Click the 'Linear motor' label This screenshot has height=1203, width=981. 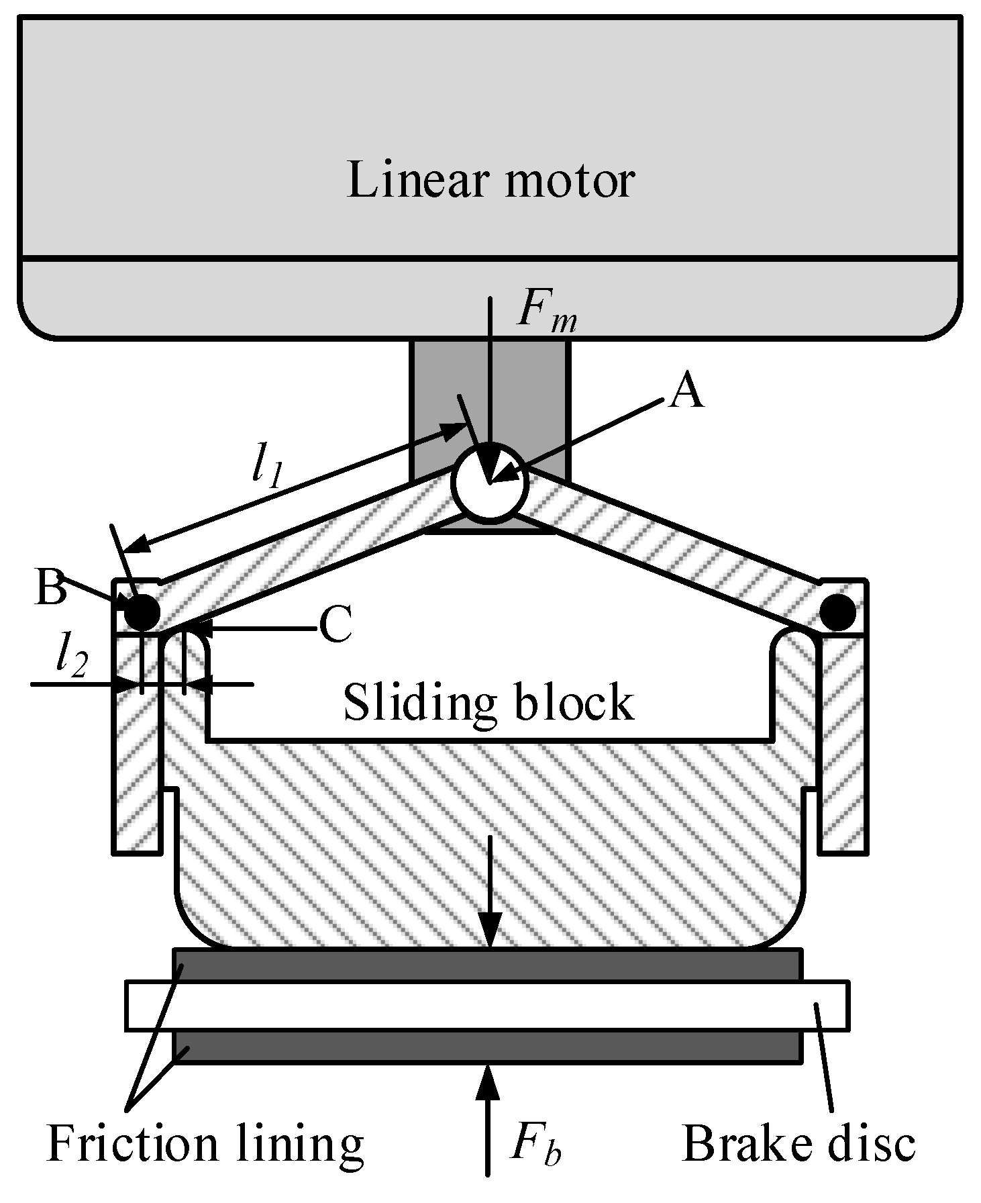coord(490,180)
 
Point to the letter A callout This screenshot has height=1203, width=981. coord(687,391)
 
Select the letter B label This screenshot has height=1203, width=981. coord(52,588)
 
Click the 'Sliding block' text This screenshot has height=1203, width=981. coord(488,702)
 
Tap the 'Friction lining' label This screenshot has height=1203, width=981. coord(205,1143)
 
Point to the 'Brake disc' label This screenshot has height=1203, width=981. coord(798,1143)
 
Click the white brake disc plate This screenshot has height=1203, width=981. coord(487,1006)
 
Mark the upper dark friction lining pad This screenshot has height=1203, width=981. coord(487,965)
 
